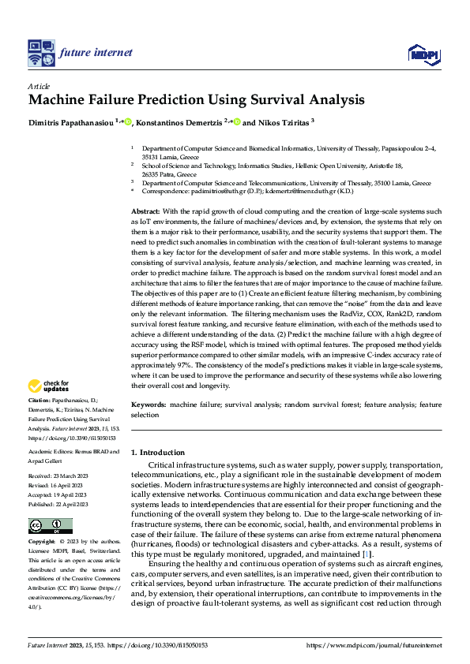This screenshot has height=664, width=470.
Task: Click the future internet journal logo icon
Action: point(40,54)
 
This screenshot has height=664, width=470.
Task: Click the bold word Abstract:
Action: point(145,212)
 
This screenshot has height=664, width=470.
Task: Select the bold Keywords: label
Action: point(148,404)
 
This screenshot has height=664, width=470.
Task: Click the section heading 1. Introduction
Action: point(158,452)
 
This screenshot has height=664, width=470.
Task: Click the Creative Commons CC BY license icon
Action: point(50,526)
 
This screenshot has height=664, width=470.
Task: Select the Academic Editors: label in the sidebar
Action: point(51,452)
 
